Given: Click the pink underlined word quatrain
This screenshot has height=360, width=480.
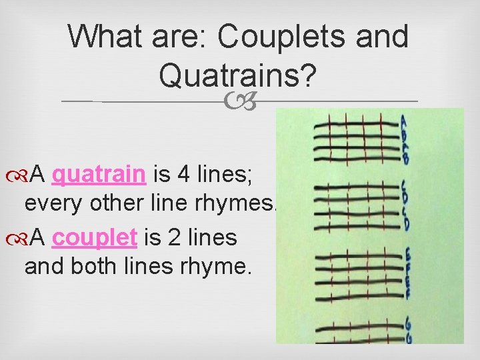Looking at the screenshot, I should (99, 175).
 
